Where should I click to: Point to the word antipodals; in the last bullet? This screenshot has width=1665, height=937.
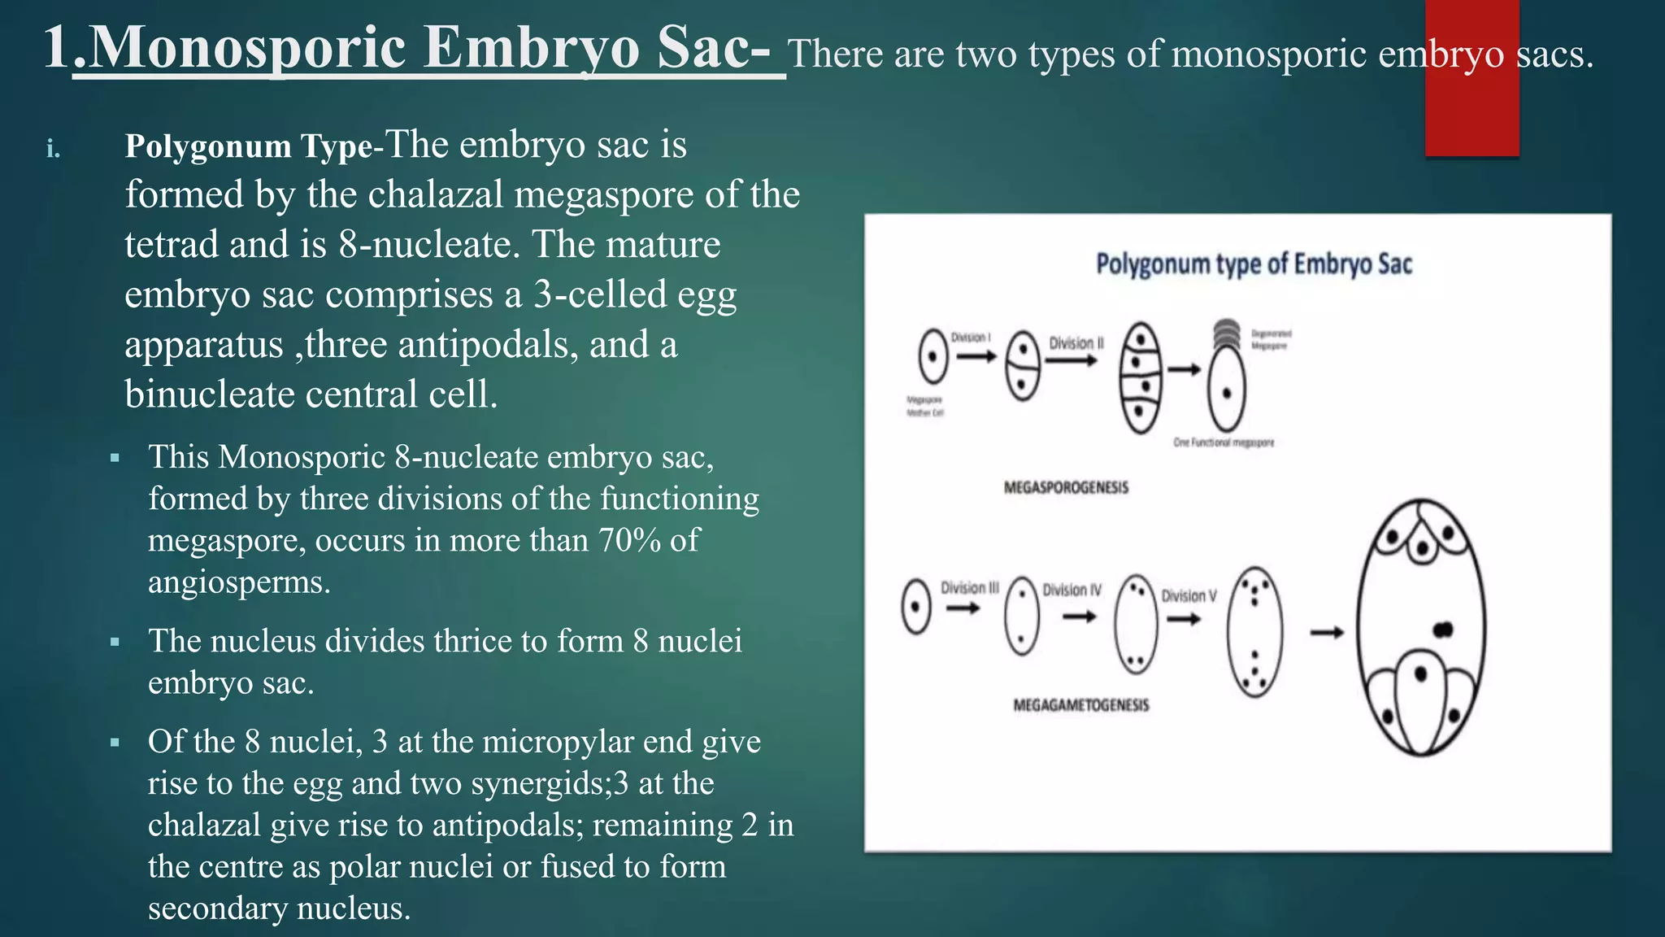pos(507,825)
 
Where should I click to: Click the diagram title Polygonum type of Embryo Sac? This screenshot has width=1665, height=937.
pos(1254,264)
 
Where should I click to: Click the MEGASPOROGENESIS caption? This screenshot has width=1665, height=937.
pos(1066,488)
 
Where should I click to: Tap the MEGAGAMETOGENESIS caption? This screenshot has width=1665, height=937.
pos(1080,705)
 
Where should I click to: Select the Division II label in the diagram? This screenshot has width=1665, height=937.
pos(1076,343)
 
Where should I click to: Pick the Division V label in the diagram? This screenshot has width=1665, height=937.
pos(1189,596)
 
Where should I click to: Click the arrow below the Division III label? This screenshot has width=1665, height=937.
pos(963,608)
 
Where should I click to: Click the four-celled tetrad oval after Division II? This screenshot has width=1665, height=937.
pos(1141,378)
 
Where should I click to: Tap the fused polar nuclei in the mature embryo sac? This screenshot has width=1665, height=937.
pos(1443,630)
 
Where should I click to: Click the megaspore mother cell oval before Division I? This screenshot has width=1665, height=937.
pos(933,356)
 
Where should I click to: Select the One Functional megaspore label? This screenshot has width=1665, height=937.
pos(1224,442)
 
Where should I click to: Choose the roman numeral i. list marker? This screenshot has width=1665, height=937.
pos(54,150)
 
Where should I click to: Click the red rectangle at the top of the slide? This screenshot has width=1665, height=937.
pos(1472,78)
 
